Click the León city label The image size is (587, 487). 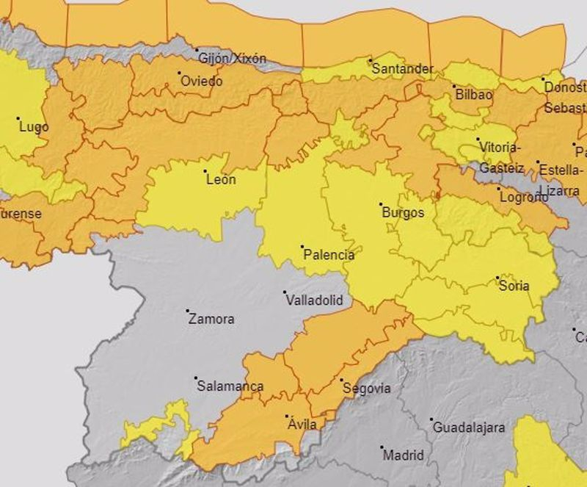221,179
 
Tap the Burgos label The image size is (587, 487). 403,213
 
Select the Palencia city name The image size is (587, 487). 329,256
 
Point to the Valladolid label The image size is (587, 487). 313,300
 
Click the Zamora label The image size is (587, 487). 211,320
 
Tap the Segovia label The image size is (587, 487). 366,389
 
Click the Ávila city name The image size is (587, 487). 302,425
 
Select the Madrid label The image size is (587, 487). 403,455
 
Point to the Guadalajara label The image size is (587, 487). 469,428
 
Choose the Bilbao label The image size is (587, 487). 473,95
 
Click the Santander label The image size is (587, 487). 402,69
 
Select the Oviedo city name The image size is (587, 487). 201,82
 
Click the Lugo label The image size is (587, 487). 34,127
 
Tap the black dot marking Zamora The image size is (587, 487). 188,311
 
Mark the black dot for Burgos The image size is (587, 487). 381,204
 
